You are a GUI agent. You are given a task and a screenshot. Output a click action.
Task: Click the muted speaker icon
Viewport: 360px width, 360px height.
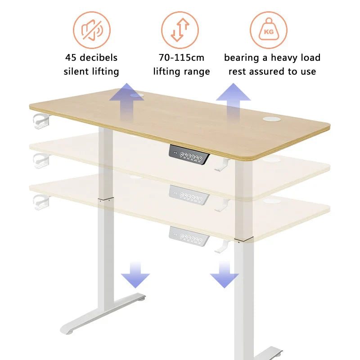tap(91, 30)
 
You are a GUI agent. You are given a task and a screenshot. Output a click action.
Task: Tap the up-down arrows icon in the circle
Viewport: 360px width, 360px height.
tap(180, 30)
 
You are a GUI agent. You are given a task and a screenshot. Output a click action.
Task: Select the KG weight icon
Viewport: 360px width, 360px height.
tap(269, 30)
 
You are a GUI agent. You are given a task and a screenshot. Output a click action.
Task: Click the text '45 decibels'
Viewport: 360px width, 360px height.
tap(91, 58)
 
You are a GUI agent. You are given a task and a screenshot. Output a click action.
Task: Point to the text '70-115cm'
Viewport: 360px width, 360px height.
tap(181, 58)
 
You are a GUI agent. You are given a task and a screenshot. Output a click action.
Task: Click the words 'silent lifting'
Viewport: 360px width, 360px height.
tap(91, 71)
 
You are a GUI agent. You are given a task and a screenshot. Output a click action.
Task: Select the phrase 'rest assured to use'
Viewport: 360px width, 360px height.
tap(272, 71)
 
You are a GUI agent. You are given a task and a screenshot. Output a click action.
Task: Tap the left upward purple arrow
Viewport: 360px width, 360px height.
tap(126, 100)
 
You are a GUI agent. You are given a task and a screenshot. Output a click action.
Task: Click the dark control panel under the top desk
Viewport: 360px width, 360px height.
tap(189, 155)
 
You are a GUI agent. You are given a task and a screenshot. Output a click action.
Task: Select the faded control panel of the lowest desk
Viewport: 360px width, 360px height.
tap(189, 236)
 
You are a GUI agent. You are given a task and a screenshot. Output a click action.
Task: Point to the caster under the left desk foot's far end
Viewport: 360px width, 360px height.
tap(142, 298)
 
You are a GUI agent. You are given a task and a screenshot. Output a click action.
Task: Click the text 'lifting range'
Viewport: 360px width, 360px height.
tap(181, 71)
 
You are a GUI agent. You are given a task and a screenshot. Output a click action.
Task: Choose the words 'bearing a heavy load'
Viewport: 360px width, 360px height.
tap(272, 58)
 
